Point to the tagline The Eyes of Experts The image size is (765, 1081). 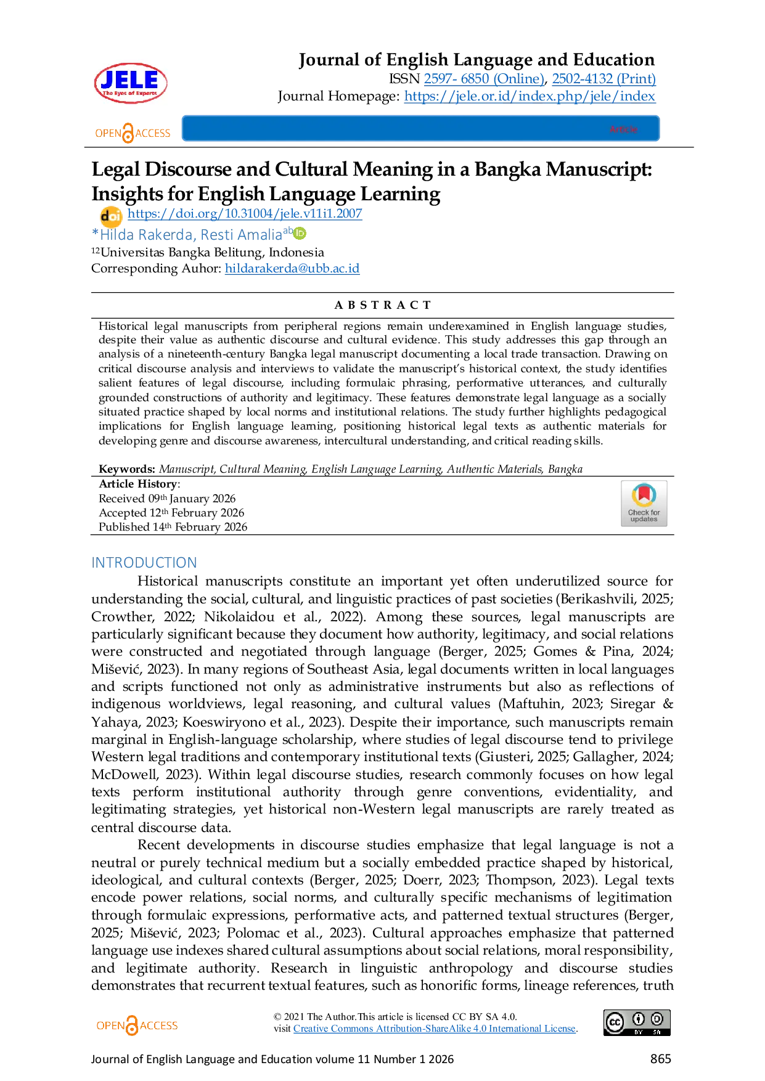pos(130,94)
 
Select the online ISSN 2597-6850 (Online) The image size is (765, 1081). pos(485,79)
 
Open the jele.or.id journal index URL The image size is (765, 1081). pos(531,97)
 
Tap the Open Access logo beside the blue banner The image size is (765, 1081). pos(133,132)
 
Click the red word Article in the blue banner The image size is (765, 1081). pos(623,129)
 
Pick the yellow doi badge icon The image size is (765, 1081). pos(111,216)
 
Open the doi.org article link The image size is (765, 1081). pos(245,214)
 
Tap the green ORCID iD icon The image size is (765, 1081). pos(300,233)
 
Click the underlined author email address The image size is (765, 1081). pos(291,268)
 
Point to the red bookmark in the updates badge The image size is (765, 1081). pos(644,493)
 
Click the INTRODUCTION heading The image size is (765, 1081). pos(144,562)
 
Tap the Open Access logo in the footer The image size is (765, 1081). pos(136,1026)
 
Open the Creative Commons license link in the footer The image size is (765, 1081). pos(434,1028)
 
